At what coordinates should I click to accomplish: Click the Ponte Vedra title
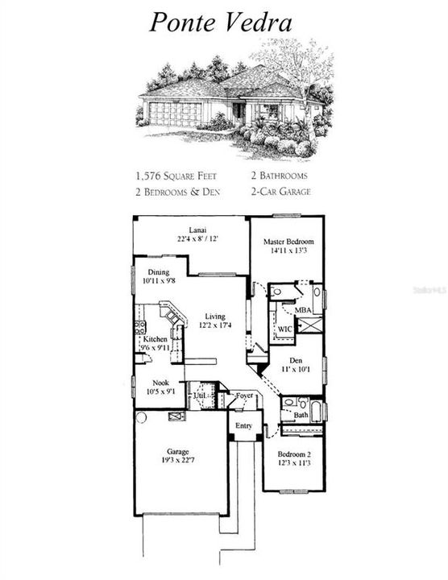tap(219, 22)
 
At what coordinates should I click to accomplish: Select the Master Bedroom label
tap(288, 242)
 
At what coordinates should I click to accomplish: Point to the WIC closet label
tap(284, 329)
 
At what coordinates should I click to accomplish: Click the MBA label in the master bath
tap(302, 309)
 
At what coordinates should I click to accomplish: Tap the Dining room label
tap(158, 272)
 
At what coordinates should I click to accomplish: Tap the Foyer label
tap(243, 396)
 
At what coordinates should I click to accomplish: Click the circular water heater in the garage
tap(141, 417)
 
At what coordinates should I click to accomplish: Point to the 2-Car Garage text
tap(279, 192)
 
